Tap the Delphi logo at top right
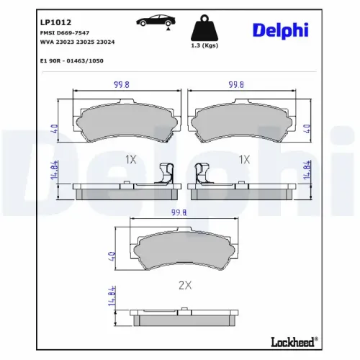click(280, 29)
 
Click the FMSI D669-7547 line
click(64, 33)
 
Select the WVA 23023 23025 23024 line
click(76, 42)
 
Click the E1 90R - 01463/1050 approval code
click(72, 61)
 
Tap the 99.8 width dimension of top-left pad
click(122, 84)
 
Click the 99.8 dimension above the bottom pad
click(179, 213)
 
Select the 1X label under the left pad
click(130, 158)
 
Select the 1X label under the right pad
click(243, 158)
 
